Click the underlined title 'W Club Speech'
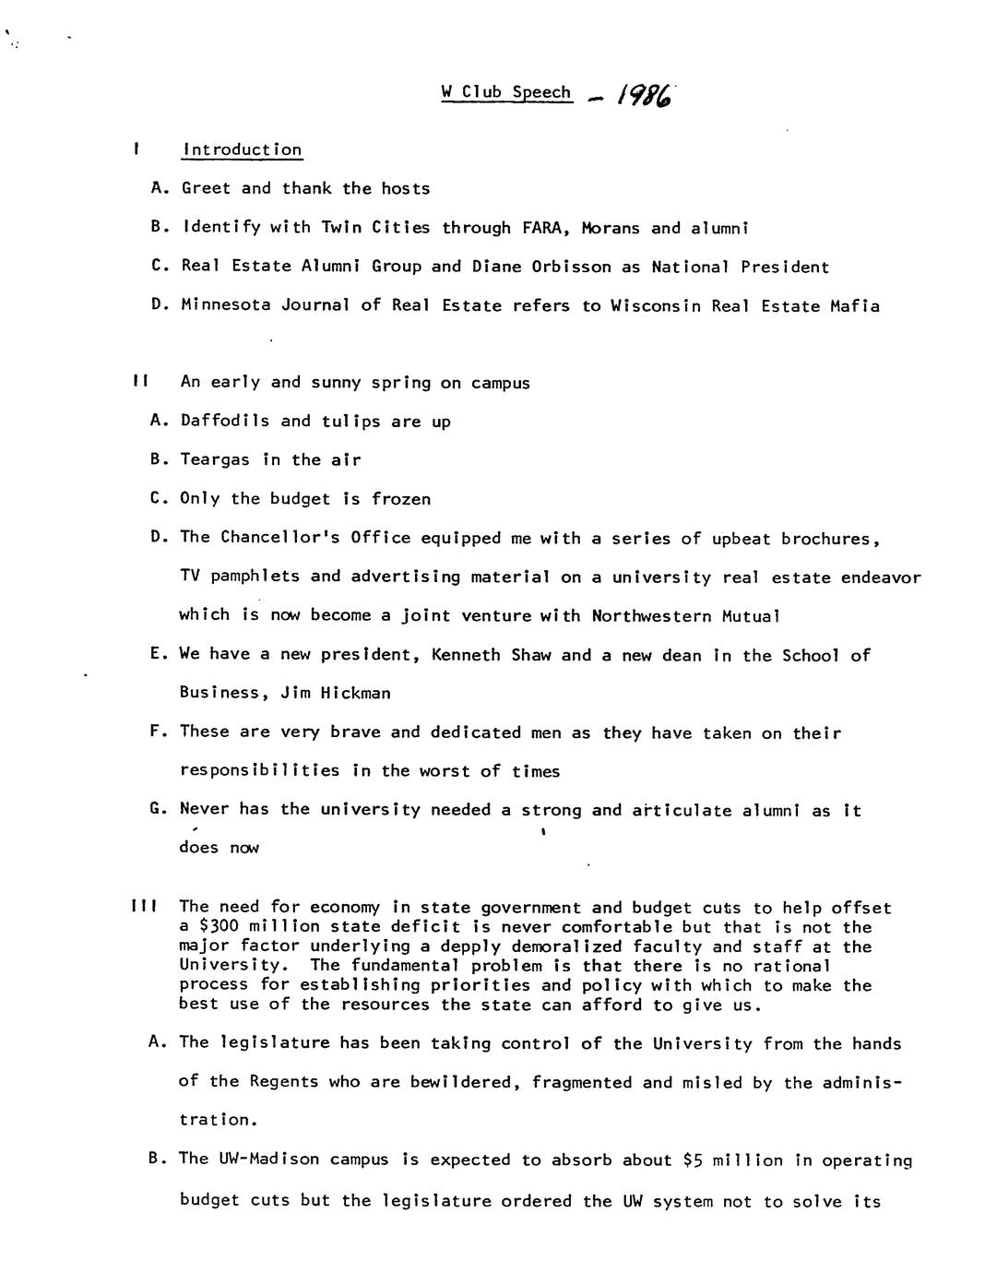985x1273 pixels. [506, 92]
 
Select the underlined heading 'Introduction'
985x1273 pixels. [243, 149]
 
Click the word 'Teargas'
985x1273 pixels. [215, 459]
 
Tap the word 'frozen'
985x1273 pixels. [401, 499]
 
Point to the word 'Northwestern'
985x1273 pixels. [651, 615]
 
